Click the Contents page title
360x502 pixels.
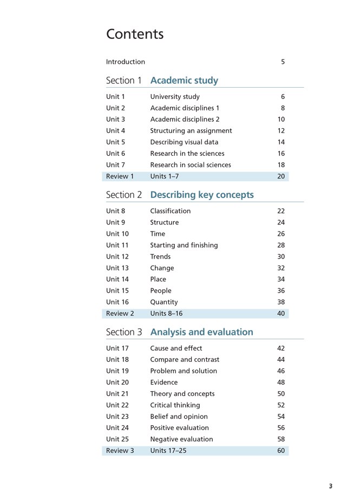(135, 34)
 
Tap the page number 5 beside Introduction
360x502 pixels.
(283, 62)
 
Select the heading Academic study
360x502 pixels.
(184, 81)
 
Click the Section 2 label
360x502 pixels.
(123, 195)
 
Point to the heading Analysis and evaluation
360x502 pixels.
(201, 332)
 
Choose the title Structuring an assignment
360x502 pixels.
(191, 130)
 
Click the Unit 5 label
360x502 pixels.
(115, 142)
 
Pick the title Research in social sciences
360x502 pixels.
(190, 164)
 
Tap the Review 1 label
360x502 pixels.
(120, 176)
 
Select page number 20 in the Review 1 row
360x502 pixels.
(281, 176)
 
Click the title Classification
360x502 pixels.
(170, 211)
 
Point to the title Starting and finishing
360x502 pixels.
(184, 245)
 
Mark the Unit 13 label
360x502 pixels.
(117, 268)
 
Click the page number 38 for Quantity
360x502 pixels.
(281, 302)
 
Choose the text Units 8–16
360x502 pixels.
(168, 314)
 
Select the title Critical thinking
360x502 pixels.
(175, 405)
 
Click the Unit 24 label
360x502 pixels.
(117, 428)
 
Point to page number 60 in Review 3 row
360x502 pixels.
(281, 451)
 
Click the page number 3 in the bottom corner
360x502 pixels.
(331, 486)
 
